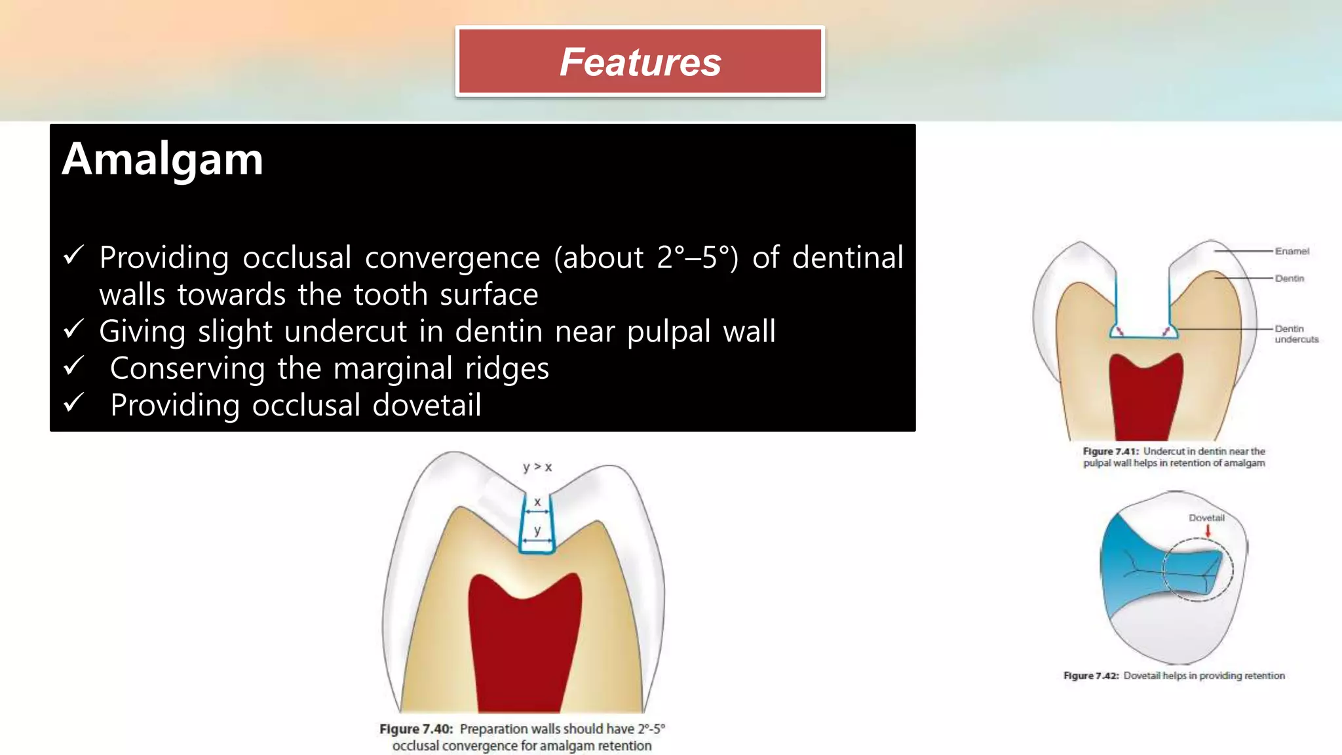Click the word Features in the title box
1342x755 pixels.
(640, 62)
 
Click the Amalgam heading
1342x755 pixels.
(163, 159)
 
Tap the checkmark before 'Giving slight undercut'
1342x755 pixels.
(73, 329)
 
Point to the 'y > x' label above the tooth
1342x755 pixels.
(537, 467)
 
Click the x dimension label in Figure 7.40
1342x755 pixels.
(537, 502)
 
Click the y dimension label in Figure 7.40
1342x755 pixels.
(537, 530)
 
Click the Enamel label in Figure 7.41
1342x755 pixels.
(1292, 251)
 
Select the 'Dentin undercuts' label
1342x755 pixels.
(1295, 334)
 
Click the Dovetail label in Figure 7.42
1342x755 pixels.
(1206, 518)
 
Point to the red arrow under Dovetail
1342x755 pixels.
(1208, 530)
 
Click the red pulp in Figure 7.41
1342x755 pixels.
(1145, 400)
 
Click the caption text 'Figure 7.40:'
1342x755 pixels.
(416, 729)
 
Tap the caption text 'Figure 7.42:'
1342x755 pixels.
(1091, 676)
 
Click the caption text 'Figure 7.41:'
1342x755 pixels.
(1111, 452)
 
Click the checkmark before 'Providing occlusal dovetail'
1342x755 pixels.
(73, 402)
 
